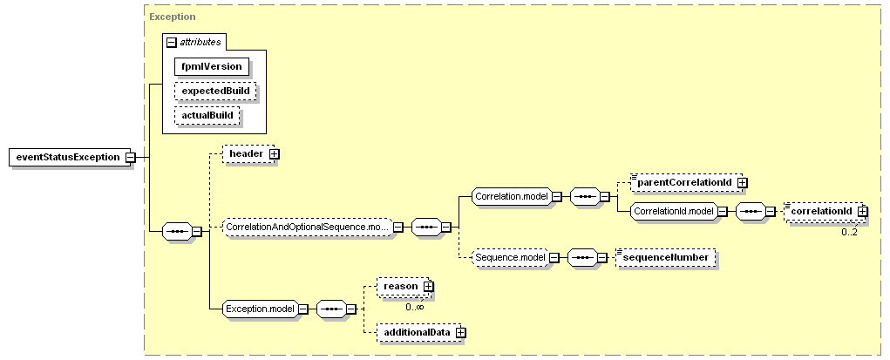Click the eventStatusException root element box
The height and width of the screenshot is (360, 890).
[69, 157]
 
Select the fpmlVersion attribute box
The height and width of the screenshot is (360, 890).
[212, 66]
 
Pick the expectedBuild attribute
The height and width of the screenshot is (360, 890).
[215, 91]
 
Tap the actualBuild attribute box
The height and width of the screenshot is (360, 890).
[207, 115]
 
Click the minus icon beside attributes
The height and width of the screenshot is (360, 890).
[171, 42]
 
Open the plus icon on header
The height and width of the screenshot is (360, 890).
[275, 154]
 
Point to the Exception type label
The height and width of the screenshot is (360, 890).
[173, 17]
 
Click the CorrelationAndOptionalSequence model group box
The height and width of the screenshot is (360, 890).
[308, 228]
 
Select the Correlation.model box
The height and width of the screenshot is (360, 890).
[512, 196]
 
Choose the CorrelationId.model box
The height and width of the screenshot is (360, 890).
[674, 211]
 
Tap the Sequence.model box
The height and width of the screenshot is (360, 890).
[509, 257]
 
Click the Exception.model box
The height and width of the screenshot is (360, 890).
[260, 309]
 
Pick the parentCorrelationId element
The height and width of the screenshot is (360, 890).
[687, 182]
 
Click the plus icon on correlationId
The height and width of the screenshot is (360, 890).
[863, 211]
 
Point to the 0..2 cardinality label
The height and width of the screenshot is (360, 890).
[849, 232]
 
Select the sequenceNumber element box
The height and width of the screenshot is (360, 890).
[665, 257]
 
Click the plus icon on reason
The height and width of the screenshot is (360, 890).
[429, 287]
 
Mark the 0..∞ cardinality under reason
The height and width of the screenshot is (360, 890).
[414, 307]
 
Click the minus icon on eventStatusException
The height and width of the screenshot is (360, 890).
[130, 157]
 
